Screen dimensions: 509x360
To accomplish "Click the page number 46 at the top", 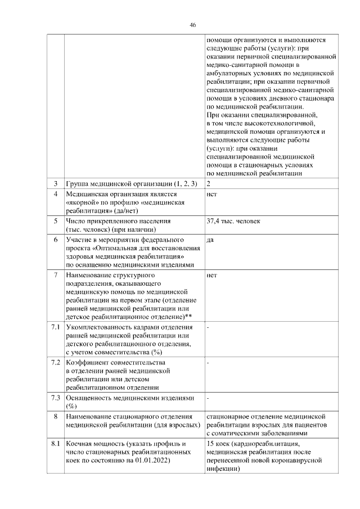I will point(193,25).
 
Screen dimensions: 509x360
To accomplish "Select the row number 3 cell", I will point(56,184).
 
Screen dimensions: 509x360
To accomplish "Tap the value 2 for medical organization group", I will point(209,184).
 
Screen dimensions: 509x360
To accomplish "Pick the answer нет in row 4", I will point(211,194).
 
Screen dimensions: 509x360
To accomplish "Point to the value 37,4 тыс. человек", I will point(233,221).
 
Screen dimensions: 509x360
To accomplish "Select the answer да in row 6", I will point(210,240).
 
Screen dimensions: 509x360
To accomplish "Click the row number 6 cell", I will point(56,240).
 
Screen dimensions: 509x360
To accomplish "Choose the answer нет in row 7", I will point(211,276).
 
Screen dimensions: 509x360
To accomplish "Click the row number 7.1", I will point(56,327).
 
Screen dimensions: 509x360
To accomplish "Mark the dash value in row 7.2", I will point(208,363).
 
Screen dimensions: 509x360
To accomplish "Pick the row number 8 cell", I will point(56,417).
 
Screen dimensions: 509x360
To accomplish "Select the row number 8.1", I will point(56,444).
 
